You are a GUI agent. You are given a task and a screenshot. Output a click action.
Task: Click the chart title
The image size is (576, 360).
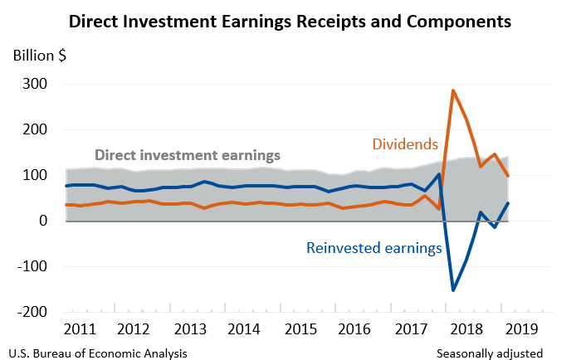coord(288,19)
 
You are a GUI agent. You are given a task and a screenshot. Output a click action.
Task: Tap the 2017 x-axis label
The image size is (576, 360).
coord(412,328)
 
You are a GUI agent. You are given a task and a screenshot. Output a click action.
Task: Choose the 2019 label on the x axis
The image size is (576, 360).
coord(522,328)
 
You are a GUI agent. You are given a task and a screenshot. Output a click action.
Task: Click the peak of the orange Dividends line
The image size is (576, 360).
coord(453,90)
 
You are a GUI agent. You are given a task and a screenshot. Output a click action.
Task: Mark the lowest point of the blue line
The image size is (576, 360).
coord(453,289)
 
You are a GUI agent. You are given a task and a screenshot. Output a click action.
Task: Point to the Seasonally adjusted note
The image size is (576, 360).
coord(490,353)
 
